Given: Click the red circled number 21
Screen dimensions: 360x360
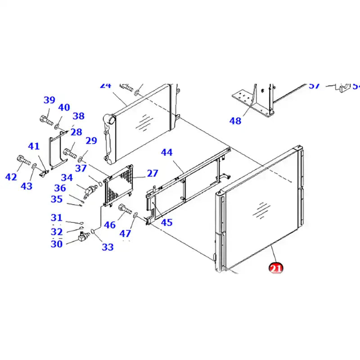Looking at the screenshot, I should (x=275, y=268).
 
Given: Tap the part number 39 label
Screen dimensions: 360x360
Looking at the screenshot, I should (x=49, y=100).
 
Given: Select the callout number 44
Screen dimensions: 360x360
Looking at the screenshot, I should (x=166, y=153).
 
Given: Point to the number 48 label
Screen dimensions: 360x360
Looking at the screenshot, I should (x=235, y=121).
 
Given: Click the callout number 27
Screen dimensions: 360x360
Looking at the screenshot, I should (x=153, y=174).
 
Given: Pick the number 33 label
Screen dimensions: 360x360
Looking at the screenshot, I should (x=108, y=247).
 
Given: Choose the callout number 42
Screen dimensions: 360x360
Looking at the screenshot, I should (x=11, y=177).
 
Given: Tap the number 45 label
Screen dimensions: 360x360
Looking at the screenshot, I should (x=166, y=222).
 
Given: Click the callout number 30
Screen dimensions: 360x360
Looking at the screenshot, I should (x=56, y=244).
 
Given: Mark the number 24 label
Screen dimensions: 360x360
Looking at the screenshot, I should (x=105, y=85).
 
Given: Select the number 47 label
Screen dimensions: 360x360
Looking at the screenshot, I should (x=125, y=233).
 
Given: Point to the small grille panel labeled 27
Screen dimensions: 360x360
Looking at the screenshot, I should (x=118, y=189).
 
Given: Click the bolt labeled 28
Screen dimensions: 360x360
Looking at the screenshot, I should (x=70, y=152).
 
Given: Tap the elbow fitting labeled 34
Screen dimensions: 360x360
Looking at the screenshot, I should (x=89, y=191).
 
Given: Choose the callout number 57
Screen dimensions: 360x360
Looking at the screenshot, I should (x=314, y=85).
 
